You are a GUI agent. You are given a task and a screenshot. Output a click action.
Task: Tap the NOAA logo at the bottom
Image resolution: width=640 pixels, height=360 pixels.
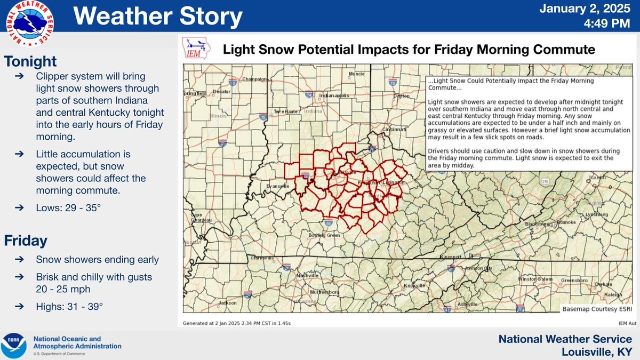(x=14, y=346)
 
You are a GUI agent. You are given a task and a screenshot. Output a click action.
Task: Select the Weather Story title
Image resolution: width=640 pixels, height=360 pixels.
(x=157, y=16)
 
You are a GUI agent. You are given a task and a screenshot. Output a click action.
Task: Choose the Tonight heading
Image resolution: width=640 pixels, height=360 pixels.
(x=30, y=62)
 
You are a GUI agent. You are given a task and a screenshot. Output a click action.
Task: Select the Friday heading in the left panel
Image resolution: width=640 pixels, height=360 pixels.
(x=26, y=241)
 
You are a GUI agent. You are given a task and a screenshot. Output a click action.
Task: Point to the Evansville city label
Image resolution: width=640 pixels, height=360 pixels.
(x=277, y=186)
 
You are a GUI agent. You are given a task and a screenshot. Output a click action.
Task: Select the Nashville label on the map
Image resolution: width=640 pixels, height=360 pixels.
(x=308, y=275)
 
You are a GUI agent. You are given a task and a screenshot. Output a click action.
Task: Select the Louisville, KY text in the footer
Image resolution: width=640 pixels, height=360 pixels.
(x=597, y=352)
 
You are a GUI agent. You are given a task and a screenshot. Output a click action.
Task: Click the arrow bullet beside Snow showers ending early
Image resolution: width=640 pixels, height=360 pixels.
(x=19, y=260)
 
